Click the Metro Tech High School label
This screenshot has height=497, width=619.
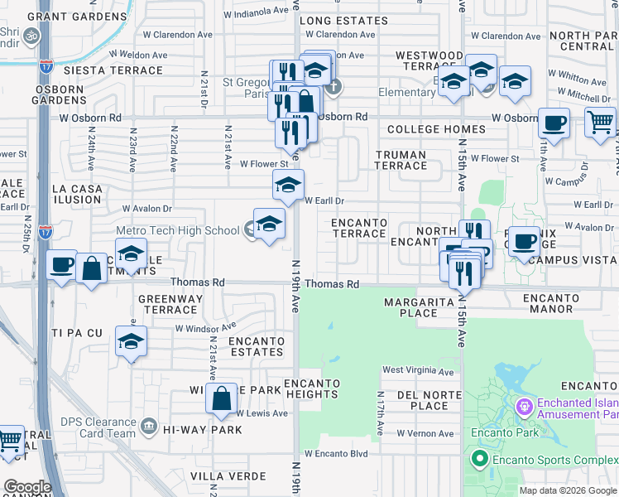click(177, 231)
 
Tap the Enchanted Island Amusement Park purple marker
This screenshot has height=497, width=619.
click(522, 407)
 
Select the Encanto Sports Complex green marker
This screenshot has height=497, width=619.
click(477, 457)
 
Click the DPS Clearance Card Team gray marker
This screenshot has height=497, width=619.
click(148, 427)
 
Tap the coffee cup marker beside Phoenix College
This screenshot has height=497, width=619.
click(523, 242)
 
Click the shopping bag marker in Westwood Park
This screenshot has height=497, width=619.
click(221, 400)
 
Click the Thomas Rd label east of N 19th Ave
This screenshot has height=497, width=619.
click(331, 284)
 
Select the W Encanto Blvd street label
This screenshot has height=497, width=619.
click(335, 454)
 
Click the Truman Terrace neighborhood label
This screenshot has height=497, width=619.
click(401, 160)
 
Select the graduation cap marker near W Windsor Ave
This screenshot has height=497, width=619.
click(131, 341)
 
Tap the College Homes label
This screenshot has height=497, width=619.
click(436, 129)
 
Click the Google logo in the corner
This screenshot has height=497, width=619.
click(27, 486)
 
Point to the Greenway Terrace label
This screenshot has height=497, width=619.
click(167, 304)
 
